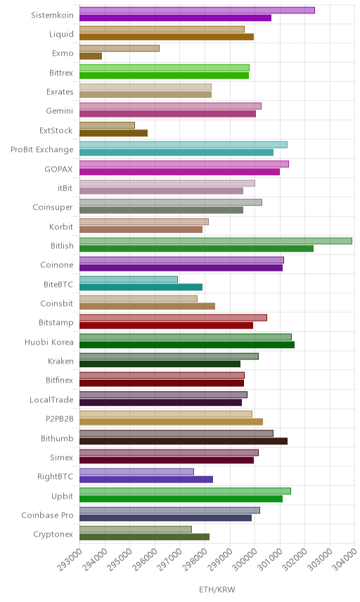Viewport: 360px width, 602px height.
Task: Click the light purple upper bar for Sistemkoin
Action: coord(197,11)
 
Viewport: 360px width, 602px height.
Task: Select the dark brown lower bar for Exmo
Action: coord(91,56)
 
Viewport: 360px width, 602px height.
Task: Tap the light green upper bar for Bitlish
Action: coord(216,241)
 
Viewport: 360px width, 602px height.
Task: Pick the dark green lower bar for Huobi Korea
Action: coord(187,345)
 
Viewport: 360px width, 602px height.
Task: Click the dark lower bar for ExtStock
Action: coord(114,133)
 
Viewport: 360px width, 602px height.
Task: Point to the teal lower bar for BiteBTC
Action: coord(141,287)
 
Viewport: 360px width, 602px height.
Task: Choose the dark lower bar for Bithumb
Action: coord(184,441)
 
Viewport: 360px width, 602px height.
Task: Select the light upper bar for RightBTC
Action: coord(136,472)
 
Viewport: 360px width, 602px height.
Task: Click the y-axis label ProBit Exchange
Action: coord(41,150)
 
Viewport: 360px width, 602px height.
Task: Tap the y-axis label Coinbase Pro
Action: coord(47,515)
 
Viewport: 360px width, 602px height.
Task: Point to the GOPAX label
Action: coord(59,169)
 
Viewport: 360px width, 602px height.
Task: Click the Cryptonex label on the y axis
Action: coord(53,534)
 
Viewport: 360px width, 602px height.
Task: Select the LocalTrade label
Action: coord(51,399)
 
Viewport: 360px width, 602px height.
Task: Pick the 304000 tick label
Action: coord(345,559)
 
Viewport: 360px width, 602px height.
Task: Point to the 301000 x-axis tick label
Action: coord(269,559)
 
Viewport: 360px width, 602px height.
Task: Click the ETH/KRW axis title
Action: coord(217,590)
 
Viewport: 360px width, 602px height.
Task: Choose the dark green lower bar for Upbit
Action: coord(181,499)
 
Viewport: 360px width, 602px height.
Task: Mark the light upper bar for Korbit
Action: coord(144,222)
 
